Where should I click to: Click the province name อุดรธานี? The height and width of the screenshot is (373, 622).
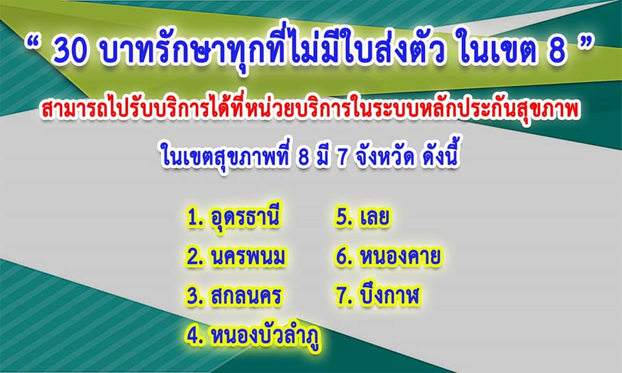pyautogui.click(x=244, y=218)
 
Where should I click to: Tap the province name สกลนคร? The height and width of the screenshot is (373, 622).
pyautogui.click(x=246, y=296)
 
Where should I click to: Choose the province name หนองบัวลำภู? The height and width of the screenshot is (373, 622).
pyautogui.click(x=266, y=337)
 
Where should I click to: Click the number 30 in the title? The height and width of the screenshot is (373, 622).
pyautogui.click(x=70, y=52)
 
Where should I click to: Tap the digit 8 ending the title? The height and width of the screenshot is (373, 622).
pyautogui.click(x=557, y=52)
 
